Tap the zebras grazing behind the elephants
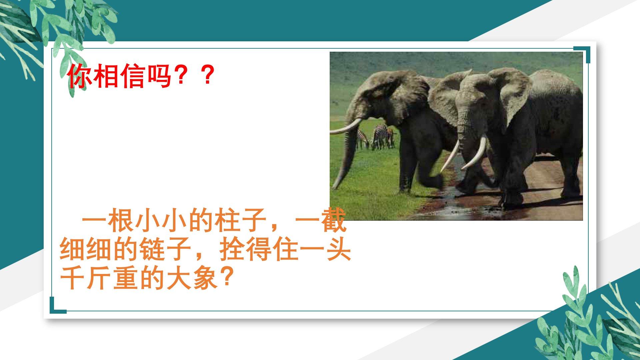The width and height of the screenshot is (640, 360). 376,137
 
